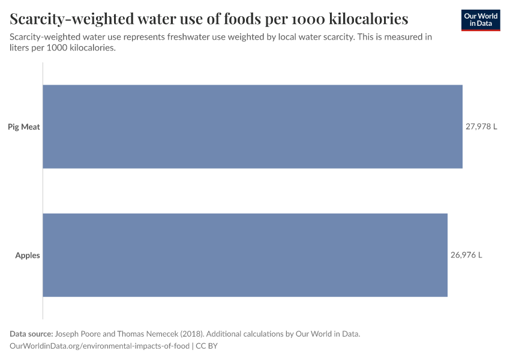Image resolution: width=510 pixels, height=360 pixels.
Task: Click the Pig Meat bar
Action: click(252, 127)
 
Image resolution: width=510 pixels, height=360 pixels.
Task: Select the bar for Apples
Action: click(245, 255)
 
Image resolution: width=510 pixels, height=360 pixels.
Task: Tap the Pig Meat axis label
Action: click(24, 127)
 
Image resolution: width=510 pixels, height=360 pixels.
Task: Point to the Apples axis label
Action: click(28, 255)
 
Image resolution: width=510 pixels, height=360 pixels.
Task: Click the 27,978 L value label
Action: click(481, 127)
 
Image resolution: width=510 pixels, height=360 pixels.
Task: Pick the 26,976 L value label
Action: click(466, 255)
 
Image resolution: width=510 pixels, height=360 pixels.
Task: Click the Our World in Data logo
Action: click(480, 20)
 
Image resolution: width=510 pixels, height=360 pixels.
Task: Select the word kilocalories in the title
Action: click(367, 19)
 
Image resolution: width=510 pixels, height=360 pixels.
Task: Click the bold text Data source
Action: click(31, 334)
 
